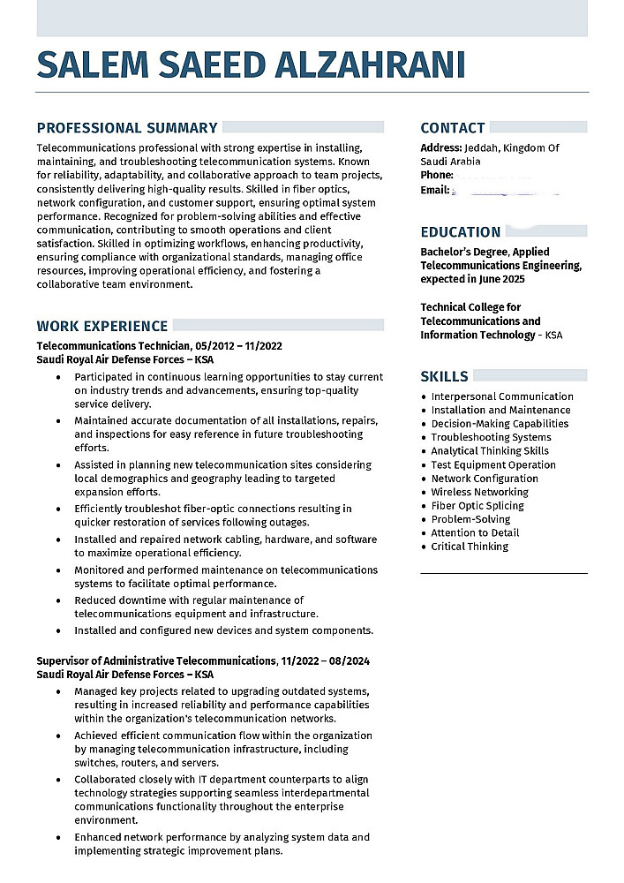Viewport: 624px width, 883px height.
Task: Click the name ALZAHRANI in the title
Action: click(x=371, y=64)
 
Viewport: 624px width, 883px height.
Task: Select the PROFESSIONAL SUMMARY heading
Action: click(x=127, y=128)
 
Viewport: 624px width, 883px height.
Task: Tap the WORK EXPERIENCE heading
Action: click(x=102, y=326)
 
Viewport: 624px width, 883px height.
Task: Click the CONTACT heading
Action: click(x=453, y=128)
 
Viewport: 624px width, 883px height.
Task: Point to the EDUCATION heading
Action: click(x=461, y=232)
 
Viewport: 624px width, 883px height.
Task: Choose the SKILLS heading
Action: click(x=444, y=376)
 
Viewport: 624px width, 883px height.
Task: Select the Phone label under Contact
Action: click(x=437, y=176)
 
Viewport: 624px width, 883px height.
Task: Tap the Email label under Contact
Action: click(x=435, y=190)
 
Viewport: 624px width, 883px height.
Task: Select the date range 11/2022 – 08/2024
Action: click(x=325, y=660)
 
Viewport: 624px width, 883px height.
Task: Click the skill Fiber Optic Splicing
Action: click(x=477, y=506)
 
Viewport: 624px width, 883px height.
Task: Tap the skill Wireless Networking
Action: click(x=479, y=492)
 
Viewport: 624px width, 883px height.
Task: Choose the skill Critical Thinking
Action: click(x=470, y=547)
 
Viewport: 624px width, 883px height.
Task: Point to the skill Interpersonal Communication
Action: click(x=502, y=396)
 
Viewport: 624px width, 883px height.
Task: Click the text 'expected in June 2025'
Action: click(x=472, y=279)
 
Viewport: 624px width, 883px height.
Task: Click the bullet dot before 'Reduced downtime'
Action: click(x=57, y=600)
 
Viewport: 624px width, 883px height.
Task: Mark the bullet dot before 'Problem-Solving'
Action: click(x=425, y=520)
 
